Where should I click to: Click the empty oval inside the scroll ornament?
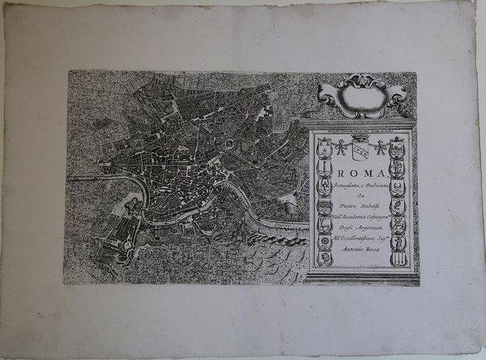[x=360, y=95]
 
